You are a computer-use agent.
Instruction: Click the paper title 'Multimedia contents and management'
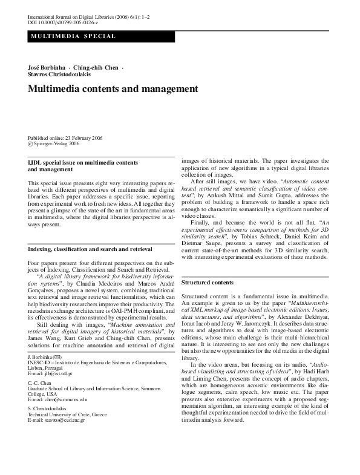click(x=113, y=89)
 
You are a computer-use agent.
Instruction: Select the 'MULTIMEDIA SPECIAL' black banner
click(x=72, y=37)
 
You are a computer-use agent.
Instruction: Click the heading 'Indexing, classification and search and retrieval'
click(x=90, y=249)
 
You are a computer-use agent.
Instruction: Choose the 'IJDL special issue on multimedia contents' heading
click(x=84, y=163)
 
